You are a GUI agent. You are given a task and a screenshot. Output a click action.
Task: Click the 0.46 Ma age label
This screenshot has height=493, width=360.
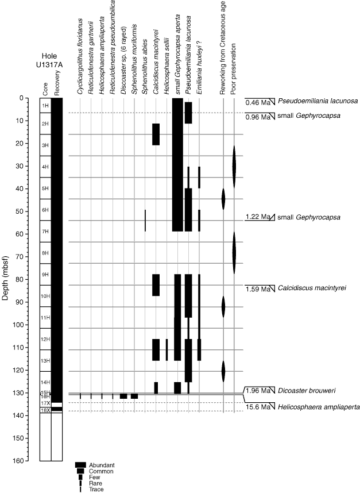pos(257,102)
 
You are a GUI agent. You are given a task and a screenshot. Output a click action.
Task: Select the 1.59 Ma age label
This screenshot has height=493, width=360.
pos(257,288)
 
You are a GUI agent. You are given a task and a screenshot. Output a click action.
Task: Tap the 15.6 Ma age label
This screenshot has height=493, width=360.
pos(257,406)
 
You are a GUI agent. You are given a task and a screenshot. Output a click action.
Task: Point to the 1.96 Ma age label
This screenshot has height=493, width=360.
pos(257,391)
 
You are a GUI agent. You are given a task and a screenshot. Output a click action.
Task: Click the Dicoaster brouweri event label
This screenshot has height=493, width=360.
pos(307,391)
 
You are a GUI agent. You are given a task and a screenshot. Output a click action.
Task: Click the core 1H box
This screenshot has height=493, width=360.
pos(45,106)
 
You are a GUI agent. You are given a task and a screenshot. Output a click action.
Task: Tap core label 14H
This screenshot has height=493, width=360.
pos(45,383)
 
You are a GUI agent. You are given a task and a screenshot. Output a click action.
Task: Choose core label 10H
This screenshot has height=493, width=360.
pos(45,296)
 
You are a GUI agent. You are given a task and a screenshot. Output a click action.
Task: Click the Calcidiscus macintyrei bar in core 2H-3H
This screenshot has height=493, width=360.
pos(156,134)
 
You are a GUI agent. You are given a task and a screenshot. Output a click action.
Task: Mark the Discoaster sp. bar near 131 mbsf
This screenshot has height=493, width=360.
pos(123,396)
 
